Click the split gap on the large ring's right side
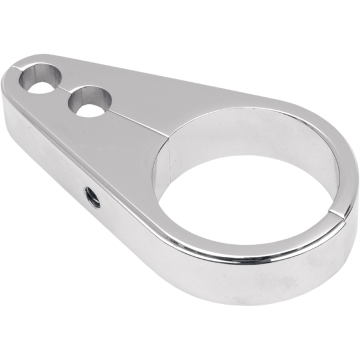coord(338,213)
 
